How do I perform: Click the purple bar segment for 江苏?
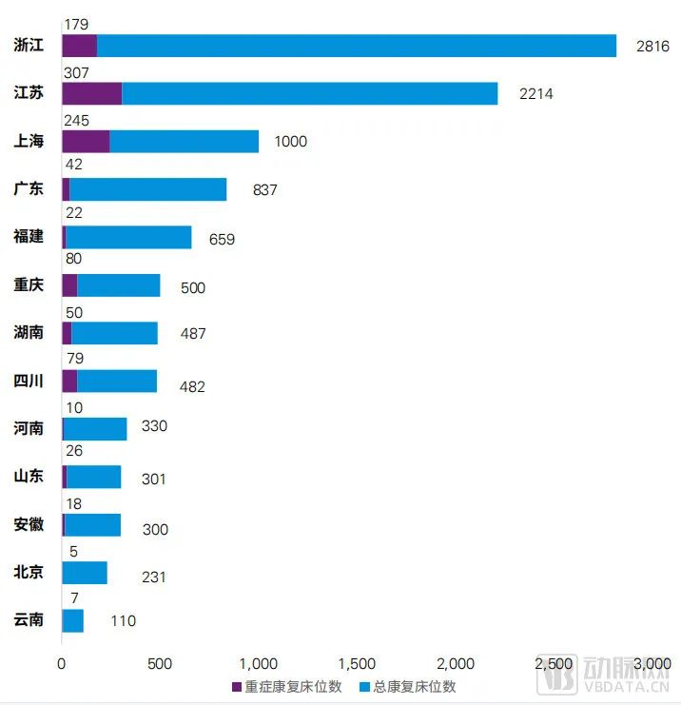[x=92, y=93]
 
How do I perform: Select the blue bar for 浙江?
[x=357, y=46]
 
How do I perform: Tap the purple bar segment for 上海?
[x=86, y=141]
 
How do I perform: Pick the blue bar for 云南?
[x=73, y=620]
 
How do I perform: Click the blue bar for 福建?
[x=128, y=237]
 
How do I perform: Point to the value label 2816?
[x=653, y=47]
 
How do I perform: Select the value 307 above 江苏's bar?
[x=76, y=69]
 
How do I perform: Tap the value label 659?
[x=222, y=239]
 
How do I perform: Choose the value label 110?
[x=123, y=621]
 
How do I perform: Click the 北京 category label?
[x=29, y=572]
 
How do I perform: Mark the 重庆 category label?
[x=29, y=284]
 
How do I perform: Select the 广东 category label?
[x=29, y=188]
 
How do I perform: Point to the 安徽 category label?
[x=29, y=524]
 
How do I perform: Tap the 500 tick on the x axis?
[x=160, y=663]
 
